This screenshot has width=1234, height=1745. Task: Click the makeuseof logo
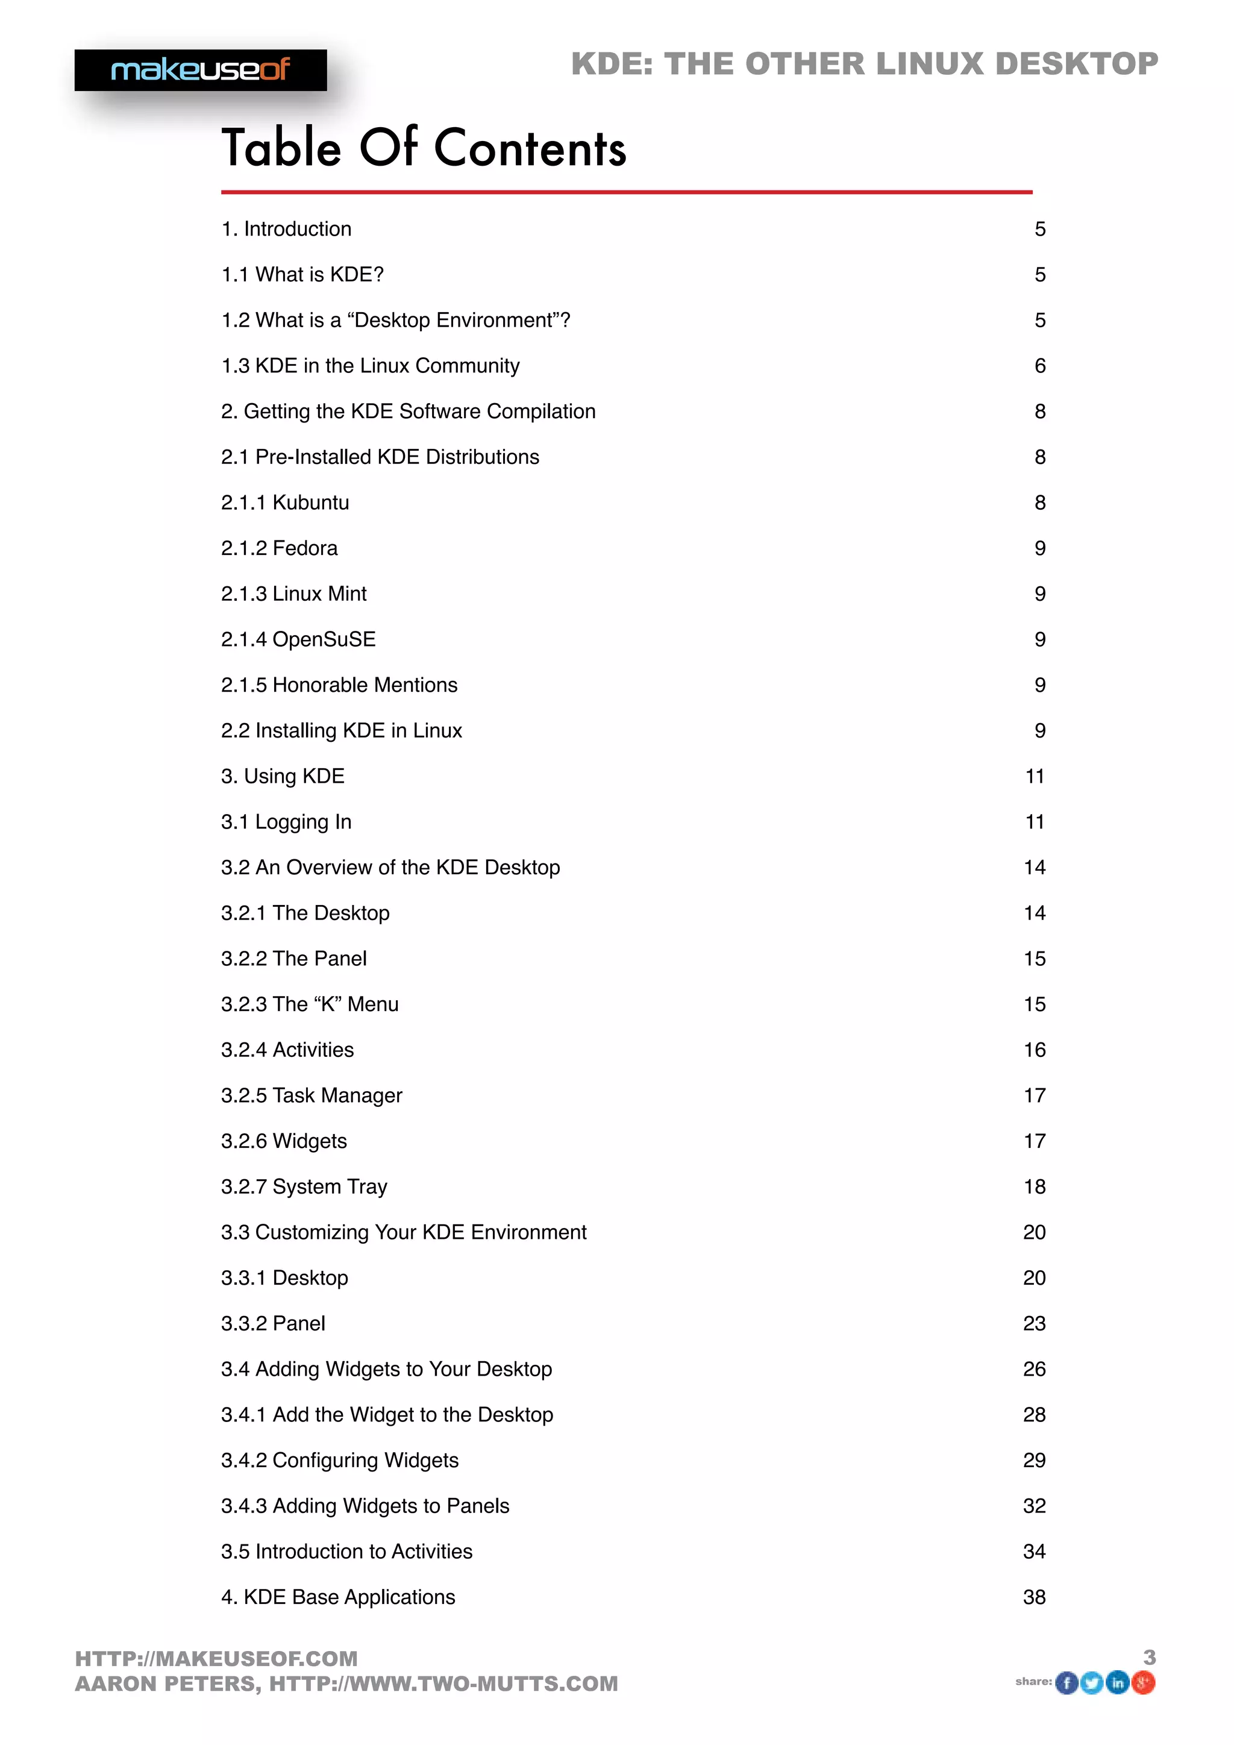(201, 70)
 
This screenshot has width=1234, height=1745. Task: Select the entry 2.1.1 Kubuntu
(285, 503)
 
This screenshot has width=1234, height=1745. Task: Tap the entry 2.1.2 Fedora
(279, 548)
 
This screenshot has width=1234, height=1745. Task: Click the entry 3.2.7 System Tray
(304, 1186)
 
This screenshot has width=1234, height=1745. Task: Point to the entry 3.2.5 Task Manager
(312, 1095)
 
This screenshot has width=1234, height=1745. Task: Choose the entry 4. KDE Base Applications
(338, 1597)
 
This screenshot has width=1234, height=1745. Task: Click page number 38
(1034, 1597)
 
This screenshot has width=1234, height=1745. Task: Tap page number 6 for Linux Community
(1040, 366)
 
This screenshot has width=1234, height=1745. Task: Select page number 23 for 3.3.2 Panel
(1034, 1323)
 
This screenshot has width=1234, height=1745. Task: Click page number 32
(1034, 1506)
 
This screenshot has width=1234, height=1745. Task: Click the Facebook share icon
(1067, 1684)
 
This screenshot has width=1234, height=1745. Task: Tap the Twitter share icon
(1092, 1684)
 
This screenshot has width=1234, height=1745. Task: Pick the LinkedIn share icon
(1117, 1683)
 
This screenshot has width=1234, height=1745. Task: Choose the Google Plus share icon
(1143, 1683)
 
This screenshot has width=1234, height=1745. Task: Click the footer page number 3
(1150, 1658)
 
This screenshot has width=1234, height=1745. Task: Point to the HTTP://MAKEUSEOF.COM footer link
(216, 1658)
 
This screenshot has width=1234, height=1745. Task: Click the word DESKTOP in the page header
(1077, 64)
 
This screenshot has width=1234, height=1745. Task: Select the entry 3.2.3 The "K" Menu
(309, 1004)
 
